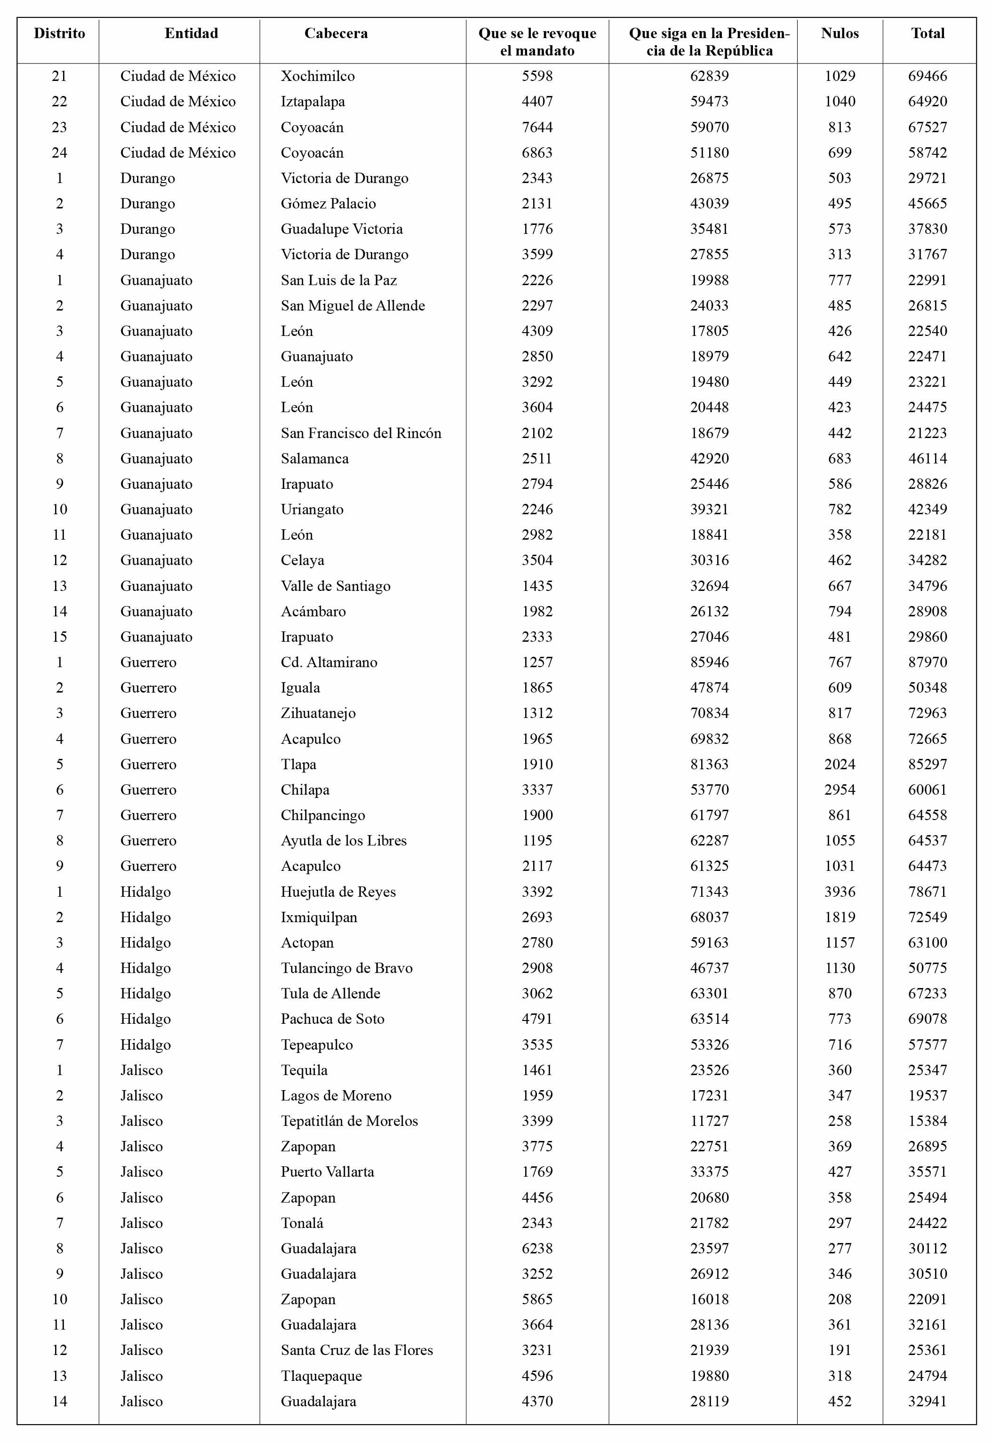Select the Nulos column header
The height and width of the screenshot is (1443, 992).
coord(839,33)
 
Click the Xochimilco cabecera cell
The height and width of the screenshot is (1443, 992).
coord(318,76)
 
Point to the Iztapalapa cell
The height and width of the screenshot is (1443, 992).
coord(312,101)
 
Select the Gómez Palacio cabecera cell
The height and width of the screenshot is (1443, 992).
coord(328,203)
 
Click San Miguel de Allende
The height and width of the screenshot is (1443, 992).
coord(352,305)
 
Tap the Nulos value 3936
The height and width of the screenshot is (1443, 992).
coord(839,891)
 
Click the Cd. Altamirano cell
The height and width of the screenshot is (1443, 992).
coord(329,662)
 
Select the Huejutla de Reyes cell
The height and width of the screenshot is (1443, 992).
coord(338,891)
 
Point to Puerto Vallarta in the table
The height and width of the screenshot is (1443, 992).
coord(327,1172)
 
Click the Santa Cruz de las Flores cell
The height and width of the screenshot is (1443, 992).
coord(357,1350)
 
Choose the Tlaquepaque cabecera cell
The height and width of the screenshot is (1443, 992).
coord(321,1375)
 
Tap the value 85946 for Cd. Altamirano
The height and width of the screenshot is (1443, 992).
coord(709,662)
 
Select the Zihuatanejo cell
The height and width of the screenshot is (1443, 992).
coord(318,713)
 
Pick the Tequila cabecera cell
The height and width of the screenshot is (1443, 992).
coord(304,1069)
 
